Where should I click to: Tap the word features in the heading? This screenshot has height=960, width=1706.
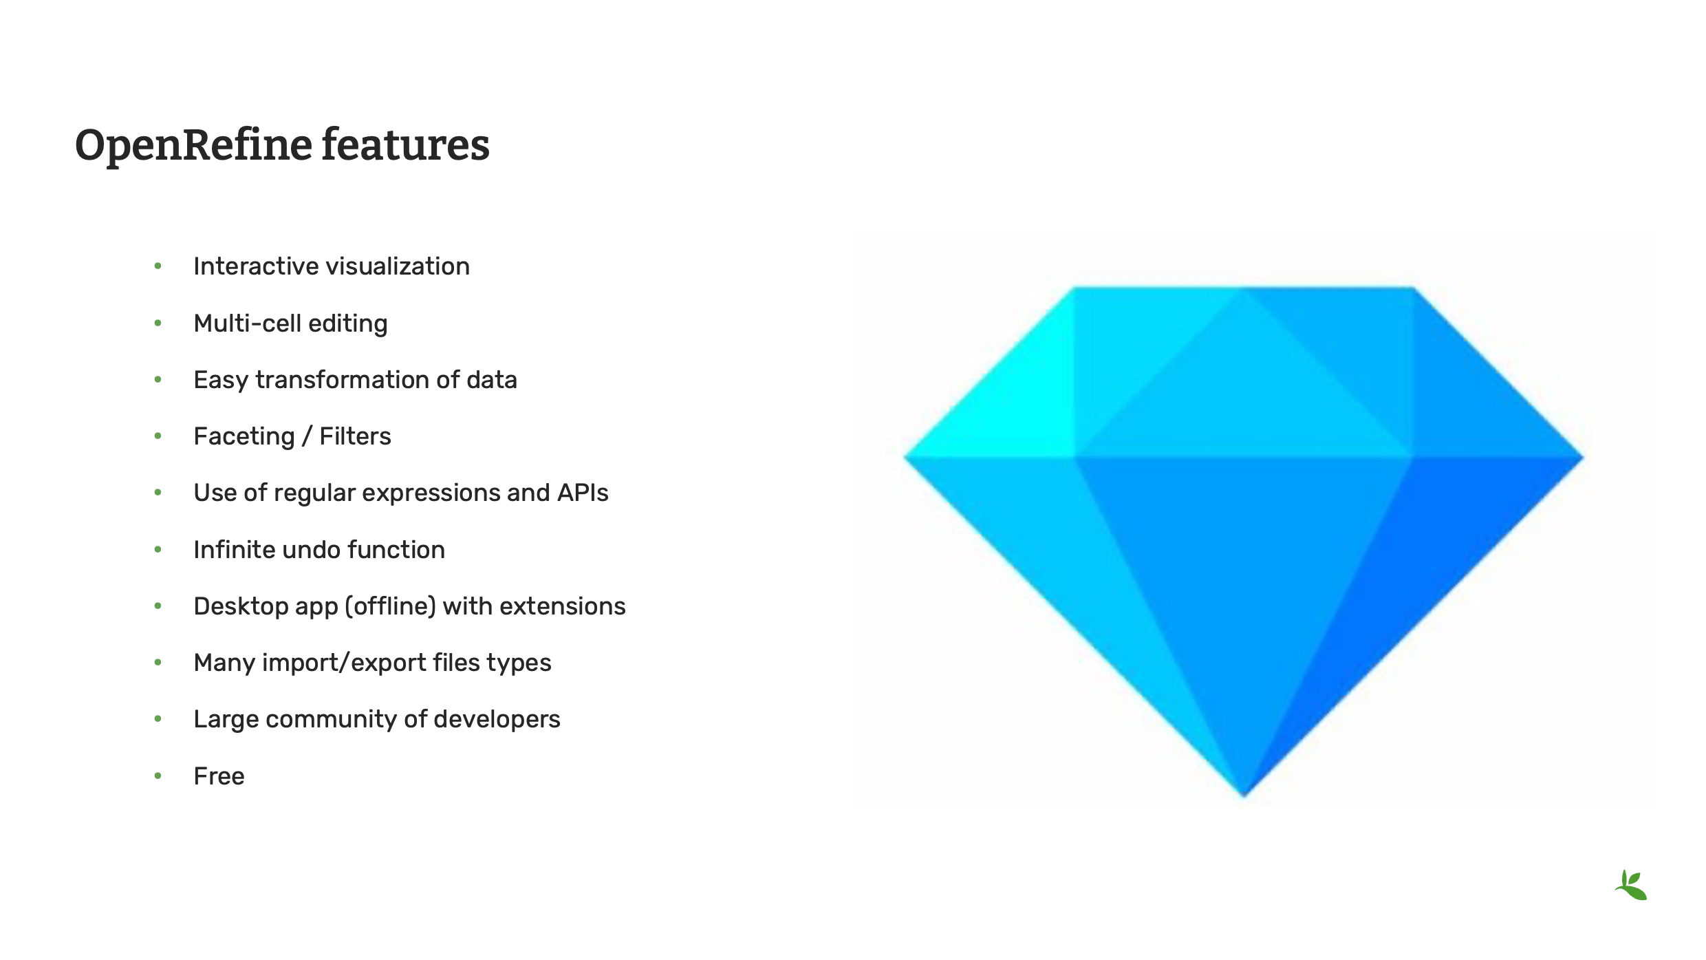(x=405, y=146)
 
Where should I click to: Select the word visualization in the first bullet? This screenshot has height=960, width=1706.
(x=389, y=266)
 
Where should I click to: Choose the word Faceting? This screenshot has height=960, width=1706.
(x=244, y=437)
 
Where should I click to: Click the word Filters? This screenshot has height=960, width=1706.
(x=355, y=436)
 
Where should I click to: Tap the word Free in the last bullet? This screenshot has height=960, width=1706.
(x=219, y=776)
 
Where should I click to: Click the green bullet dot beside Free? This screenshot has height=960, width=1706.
(x=158, y=776)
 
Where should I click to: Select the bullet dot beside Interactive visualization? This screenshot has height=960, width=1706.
(x=158, y=266)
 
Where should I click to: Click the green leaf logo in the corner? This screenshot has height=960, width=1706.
(x=1631, y=886)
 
